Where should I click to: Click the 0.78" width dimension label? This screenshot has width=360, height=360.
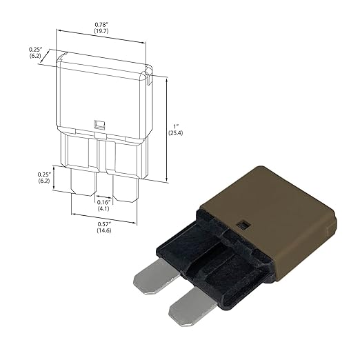pyautogui.click(x=101, y=25)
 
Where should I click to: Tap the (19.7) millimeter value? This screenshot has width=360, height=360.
pyautogui.click(x=101, y=31)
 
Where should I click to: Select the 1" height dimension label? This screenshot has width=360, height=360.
pyautogui.click(x=176, y=126)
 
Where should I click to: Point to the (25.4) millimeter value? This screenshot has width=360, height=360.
pyautogui.click(x=176, y=133)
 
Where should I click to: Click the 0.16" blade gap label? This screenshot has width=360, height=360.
pyautogui.click(x=104, y=202)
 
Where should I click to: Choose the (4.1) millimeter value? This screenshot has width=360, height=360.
pyautogui.click(x=103, y=209)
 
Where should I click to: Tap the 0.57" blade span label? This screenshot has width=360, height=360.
pyautogui.click(x=104, y=224)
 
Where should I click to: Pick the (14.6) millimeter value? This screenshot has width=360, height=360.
pyautogui.click(x=104, y=230)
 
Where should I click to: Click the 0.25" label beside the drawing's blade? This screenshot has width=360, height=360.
pyautogui.click(x=44, y=174)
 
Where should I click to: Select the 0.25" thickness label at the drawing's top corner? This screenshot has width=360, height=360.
pyautogui.click(x=35, y=49)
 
